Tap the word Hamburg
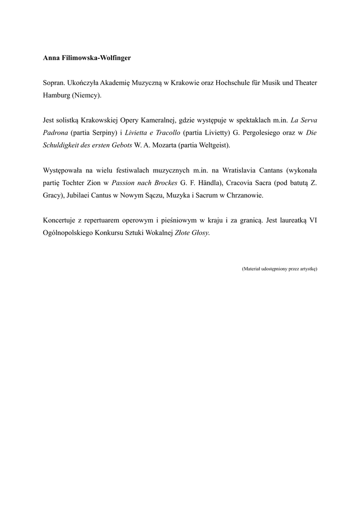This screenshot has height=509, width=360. click(x=56, y=94)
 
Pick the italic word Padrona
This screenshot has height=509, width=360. click(x=55, y=133)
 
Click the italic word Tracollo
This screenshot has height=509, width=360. click(x=165, y=133)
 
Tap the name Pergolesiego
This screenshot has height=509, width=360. click(x=261, y=133)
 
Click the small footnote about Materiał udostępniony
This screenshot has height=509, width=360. click(x=279, y=269)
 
